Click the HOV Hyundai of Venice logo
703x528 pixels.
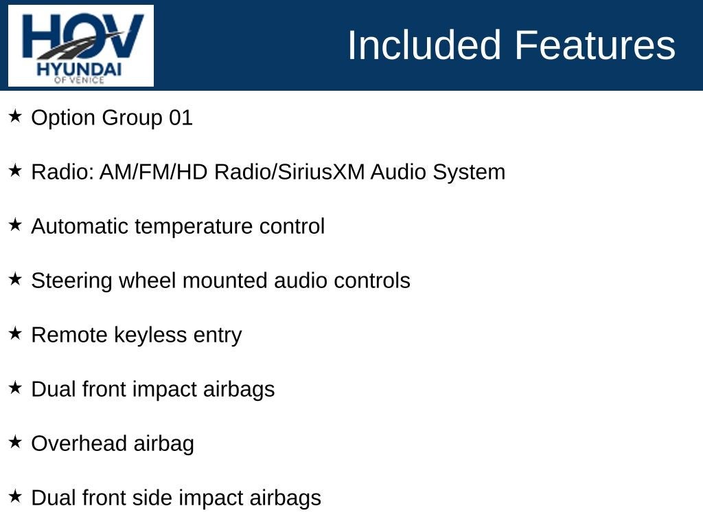(x=81, y=46)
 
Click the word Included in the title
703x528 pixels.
(x=424, y=45)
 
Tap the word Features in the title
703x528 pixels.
(x=595, y=45)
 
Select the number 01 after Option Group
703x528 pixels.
(x=181, y=118)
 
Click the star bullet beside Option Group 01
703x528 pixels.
(x=15, y=115)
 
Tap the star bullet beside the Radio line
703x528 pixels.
(x=15, y=170)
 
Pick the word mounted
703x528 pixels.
(x=225, y=280)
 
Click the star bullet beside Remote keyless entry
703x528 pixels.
(x=15, y=333)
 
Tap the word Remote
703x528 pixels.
(x=69, y=335)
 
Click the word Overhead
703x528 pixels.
(x=80, y=443)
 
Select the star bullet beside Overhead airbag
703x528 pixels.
(x=15, y=442)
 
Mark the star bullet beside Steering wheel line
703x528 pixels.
(x=15, y=279)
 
